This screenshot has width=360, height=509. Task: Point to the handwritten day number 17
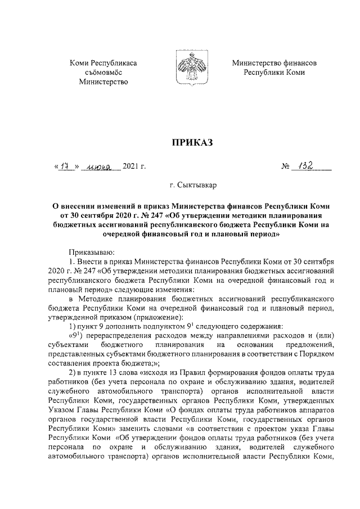tap(67, 166)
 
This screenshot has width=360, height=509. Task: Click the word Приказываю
tap(89, 254)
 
